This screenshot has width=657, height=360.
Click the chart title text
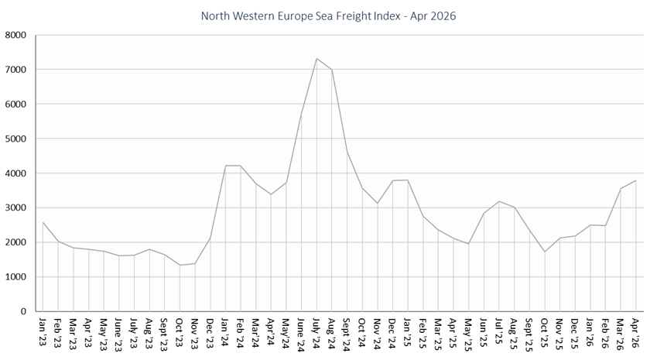pyautogui.click(x=328, y=15)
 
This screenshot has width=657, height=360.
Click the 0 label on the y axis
pyautogui.click(x=23, y=312)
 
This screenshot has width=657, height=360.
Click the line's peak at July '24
pyautogui.click(x=317, y=58)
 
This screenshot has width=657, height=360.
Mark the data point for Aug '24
pyautogui.click(x=332, y=70)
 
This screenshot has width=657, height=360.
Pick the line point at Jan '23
pyautogui.click(x=43, y=223)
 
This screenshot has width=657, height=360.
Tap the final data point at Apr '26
pyautogui.click(x=636, y=180)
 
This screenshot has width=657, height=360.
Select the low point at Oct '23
pyautogui.click(x=180, y=266)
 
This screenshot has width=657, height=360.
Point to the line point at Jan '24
pyautogui.click(x=225, y=166)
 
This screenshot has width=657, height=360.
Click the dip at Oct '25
pyautogui.click(x=545, y=252)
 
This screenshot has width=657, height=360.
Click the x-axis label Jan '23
pyautogui.click(x=43, y=331)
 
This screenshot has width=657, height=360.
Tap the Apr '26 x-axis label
pyautogui.click(x=636, y=331)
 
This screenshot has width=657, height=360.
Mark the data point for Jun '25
pyautogui.click(x=484, y=213)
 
